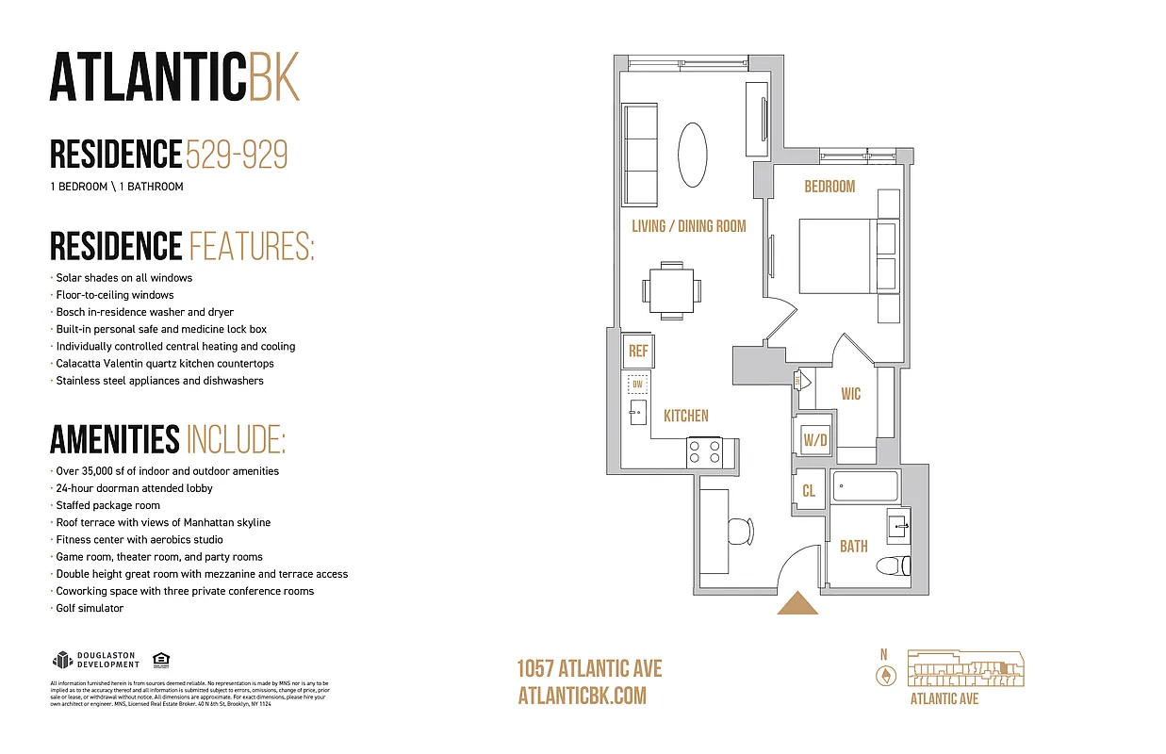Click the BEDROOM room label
(x=829, y=187)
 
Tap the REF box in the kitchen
(x=638, y=352)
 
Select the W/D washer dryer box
(x=814, y=439)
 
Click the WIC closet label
(x=851, y=394)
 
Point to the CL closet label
(x=809, y=491)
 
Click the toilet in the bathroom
(x=892, y=565)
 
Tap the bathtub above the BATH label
(x=865, y=487)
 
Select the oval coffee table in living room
(x=693, y=156)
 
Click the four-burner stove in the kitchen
(x=704, y=451)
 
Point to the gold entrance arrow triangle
(x=798, y=603)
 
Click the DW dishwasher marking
(x=637, y=385)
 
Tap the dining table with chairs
(x=672, y=289)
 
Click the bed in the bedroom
(x=837, y=256)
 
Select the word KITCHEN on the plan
(x=686, y=416)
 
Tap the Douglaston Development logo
(x=95, y=660)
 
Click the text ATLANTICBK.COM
(x=583, y=696)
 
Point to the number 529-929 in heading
(x=237, y=154)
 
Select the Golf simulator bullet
(x=90, y=608)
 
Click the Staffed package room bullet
(x=107, y=505)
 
